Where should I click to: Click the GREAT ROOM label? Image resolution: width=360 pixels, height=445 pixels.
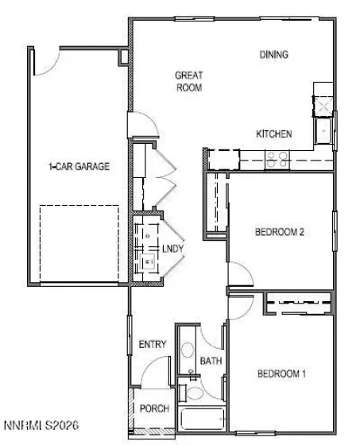[x=189, y=81]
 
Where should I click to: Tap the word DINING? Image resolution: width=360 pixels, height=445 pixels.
[x=273, y=55]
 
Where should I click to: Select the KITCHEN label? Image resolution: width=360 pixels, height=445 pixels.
[x=273, y=134]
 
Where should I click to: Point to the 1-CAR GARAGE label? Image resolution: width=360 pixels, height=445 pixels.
[x=79, y=167]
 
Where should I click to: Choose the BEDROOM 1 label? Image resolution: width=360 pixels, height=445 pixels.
[x=281, y=373]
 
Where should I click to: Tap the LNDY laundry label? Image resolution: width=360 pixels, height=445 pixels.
[x=172, y=249]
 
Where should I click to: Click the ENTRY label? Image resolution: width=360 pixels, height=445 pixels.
[x=152, y=344]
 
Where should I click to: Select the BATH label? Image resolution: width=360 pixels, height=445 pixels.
[x=211, y=361]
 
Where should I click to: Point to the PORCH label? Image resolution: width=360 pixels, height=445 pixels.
[x=154, y=408]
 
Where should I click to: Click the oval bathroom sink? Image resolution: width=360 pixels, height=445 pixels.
[x=188, y=350]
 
